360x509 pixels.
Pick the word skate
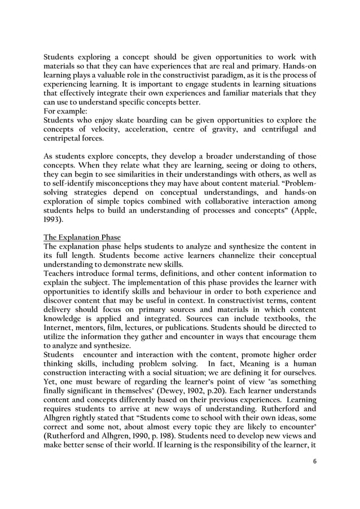coord(130,120)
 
